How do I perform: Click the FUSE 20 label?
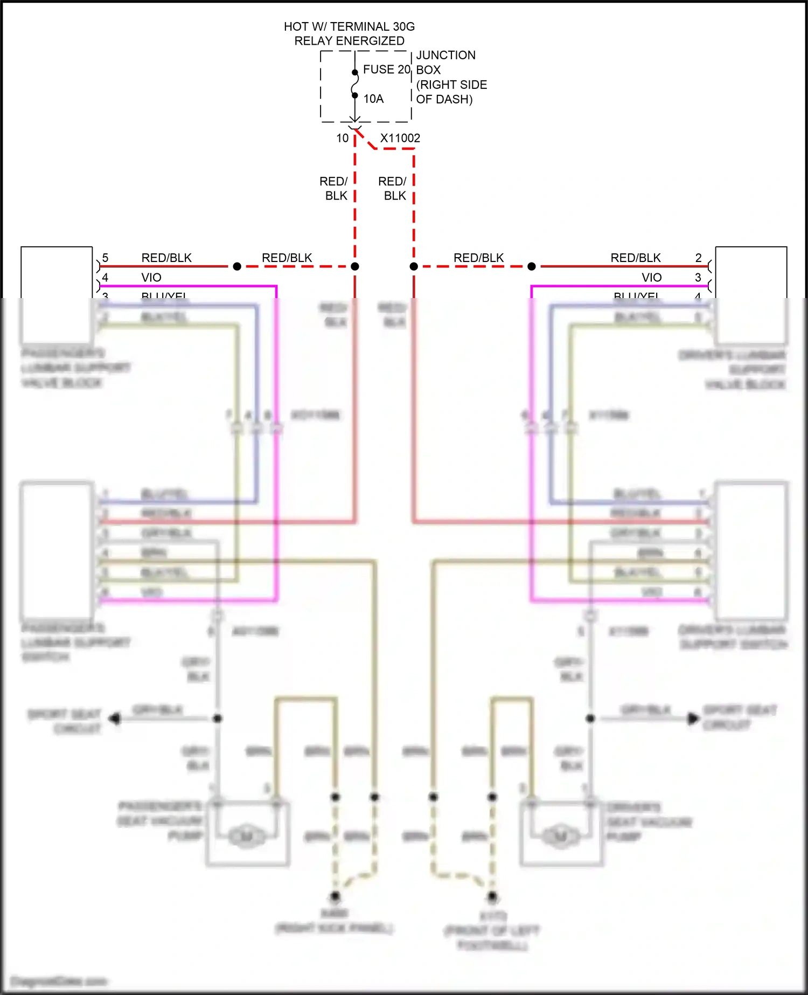(x=386, y=70)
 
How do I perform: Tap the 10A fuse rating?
(x=373, y=99)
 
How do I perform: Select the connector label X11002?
(x=400, y=138)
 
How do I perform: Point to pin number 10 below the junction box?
(x=342, y=138)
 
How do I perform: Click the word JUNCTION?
(x=445, y=55)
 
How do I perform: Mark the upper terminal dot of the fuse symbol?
(x=355, y=72)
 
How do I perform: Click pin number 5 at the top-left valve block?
(x=105, y=258)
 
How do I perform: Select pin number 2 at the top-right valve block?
(x=698, y=258)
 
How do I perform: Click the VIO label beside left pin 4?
(x=151, y=277)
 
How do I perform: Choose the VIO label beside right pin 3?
(x=651, y=277)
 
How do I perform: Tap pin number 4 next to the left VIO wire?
(x=105, y=277)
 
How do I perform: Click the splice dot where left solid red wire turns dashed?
(x=237, y=266)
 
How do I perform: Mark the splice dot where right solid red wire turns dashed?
(x=532, y=266)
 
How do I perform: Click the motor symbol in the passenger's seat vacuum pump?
(x=246, y=837)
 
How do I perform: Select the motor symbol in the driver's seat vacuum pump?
(x=560, y=837)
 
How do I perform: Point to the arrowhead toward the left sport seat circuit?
(x=114, y=718)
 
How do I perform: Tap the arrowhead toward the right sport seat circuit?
(x=693, y=718)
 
